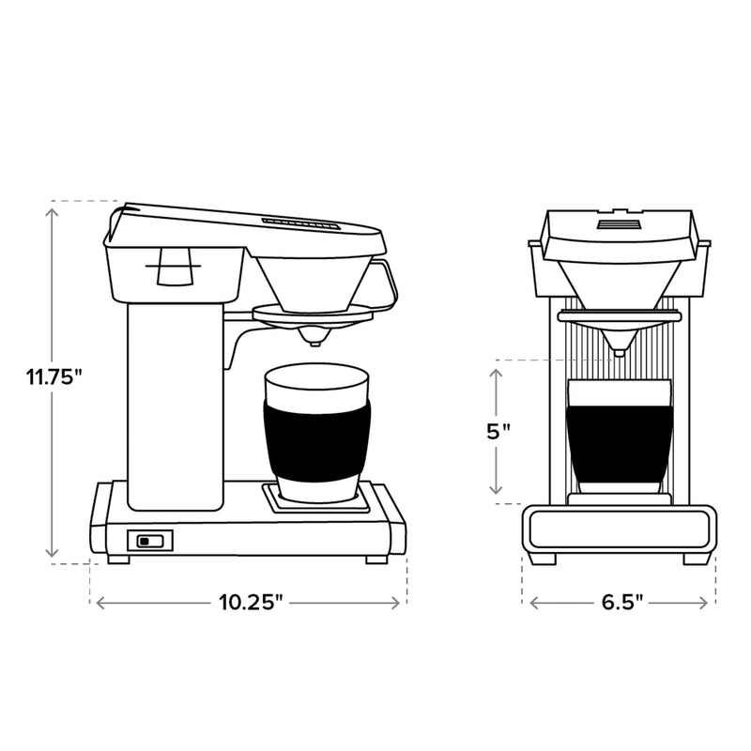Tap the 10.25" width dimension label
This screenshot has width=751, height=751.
[x=248, y=603]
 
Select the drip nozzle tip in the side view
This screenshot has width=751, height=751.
[x=314, y=337]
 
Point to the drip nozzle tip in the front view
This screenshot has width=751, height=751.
[x=618, y=352]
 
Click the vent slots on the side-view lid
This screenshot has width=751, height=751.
[x=299, y=223]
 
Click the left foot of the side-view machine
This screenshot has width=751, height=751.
[x=118, y=559]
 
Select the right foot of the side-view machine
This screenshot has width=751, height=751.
[x=375, y=559]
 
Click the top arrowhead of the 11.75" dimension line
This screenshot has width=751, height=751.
[x=53, y=210]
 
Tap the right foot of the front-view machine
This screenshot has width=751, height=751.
[x=697, y=558]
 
